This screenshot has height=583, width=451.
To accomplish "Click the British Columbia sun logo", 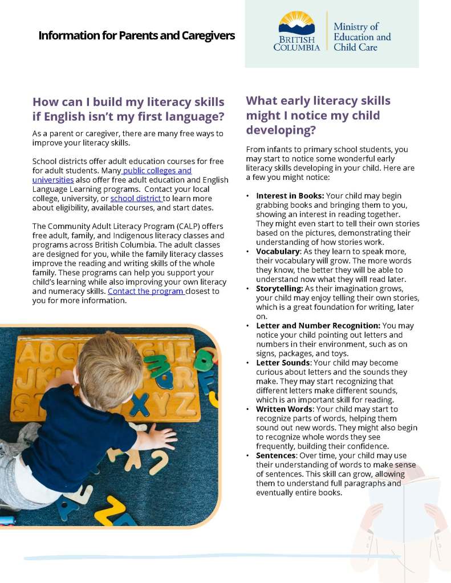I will point(296,24).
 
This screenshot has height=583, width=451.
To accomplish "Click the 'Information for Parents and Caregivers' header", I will point(136,35).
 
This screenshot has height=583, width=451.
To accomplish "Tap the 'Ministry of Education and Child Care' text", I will point(362,37).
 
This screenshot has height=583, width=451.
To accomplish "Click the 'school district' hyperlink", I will point(136,198).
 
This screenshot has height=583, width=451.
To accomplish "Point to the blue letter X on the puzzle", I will point(139,404).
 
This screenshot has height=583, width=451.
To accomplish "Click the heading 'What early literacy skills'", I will point(318,101).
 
